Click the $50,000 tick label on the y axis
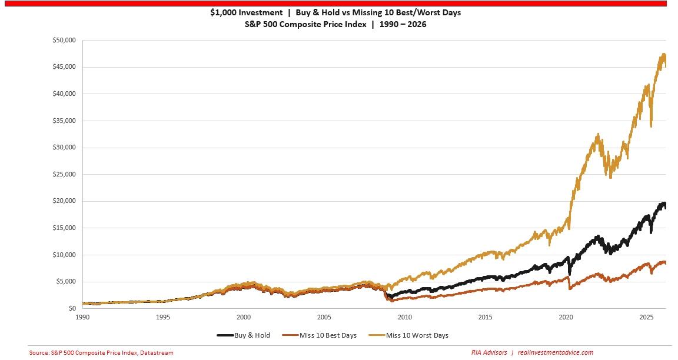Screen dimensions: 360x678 coord(64,41)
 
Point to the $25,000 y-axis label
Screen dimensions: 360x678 coord(64,174)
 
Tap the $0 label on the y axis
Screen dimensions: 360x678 coord(72,308)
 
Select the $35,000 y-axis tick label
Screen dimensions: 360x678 coord(64,121)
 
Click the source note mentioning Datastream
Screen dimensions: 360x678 coord(101,353)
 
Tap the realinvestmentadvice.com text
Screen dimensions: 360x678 coord(555,353)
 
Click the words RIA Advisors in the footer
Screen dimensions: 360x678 coord(489,353)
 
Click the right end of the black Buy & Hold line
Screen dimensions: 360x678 coord(666,207)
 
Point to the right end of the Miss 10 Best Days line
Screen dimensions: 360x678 coord(666,263)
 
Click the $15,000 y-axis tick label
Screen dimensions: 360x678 coord(64,228)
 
